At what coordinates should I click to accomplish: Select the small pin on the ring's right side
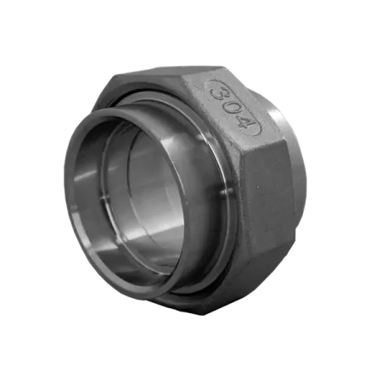click(227, 192)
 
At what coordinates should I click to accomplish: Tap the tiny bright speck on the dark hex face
click(257, 187)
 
